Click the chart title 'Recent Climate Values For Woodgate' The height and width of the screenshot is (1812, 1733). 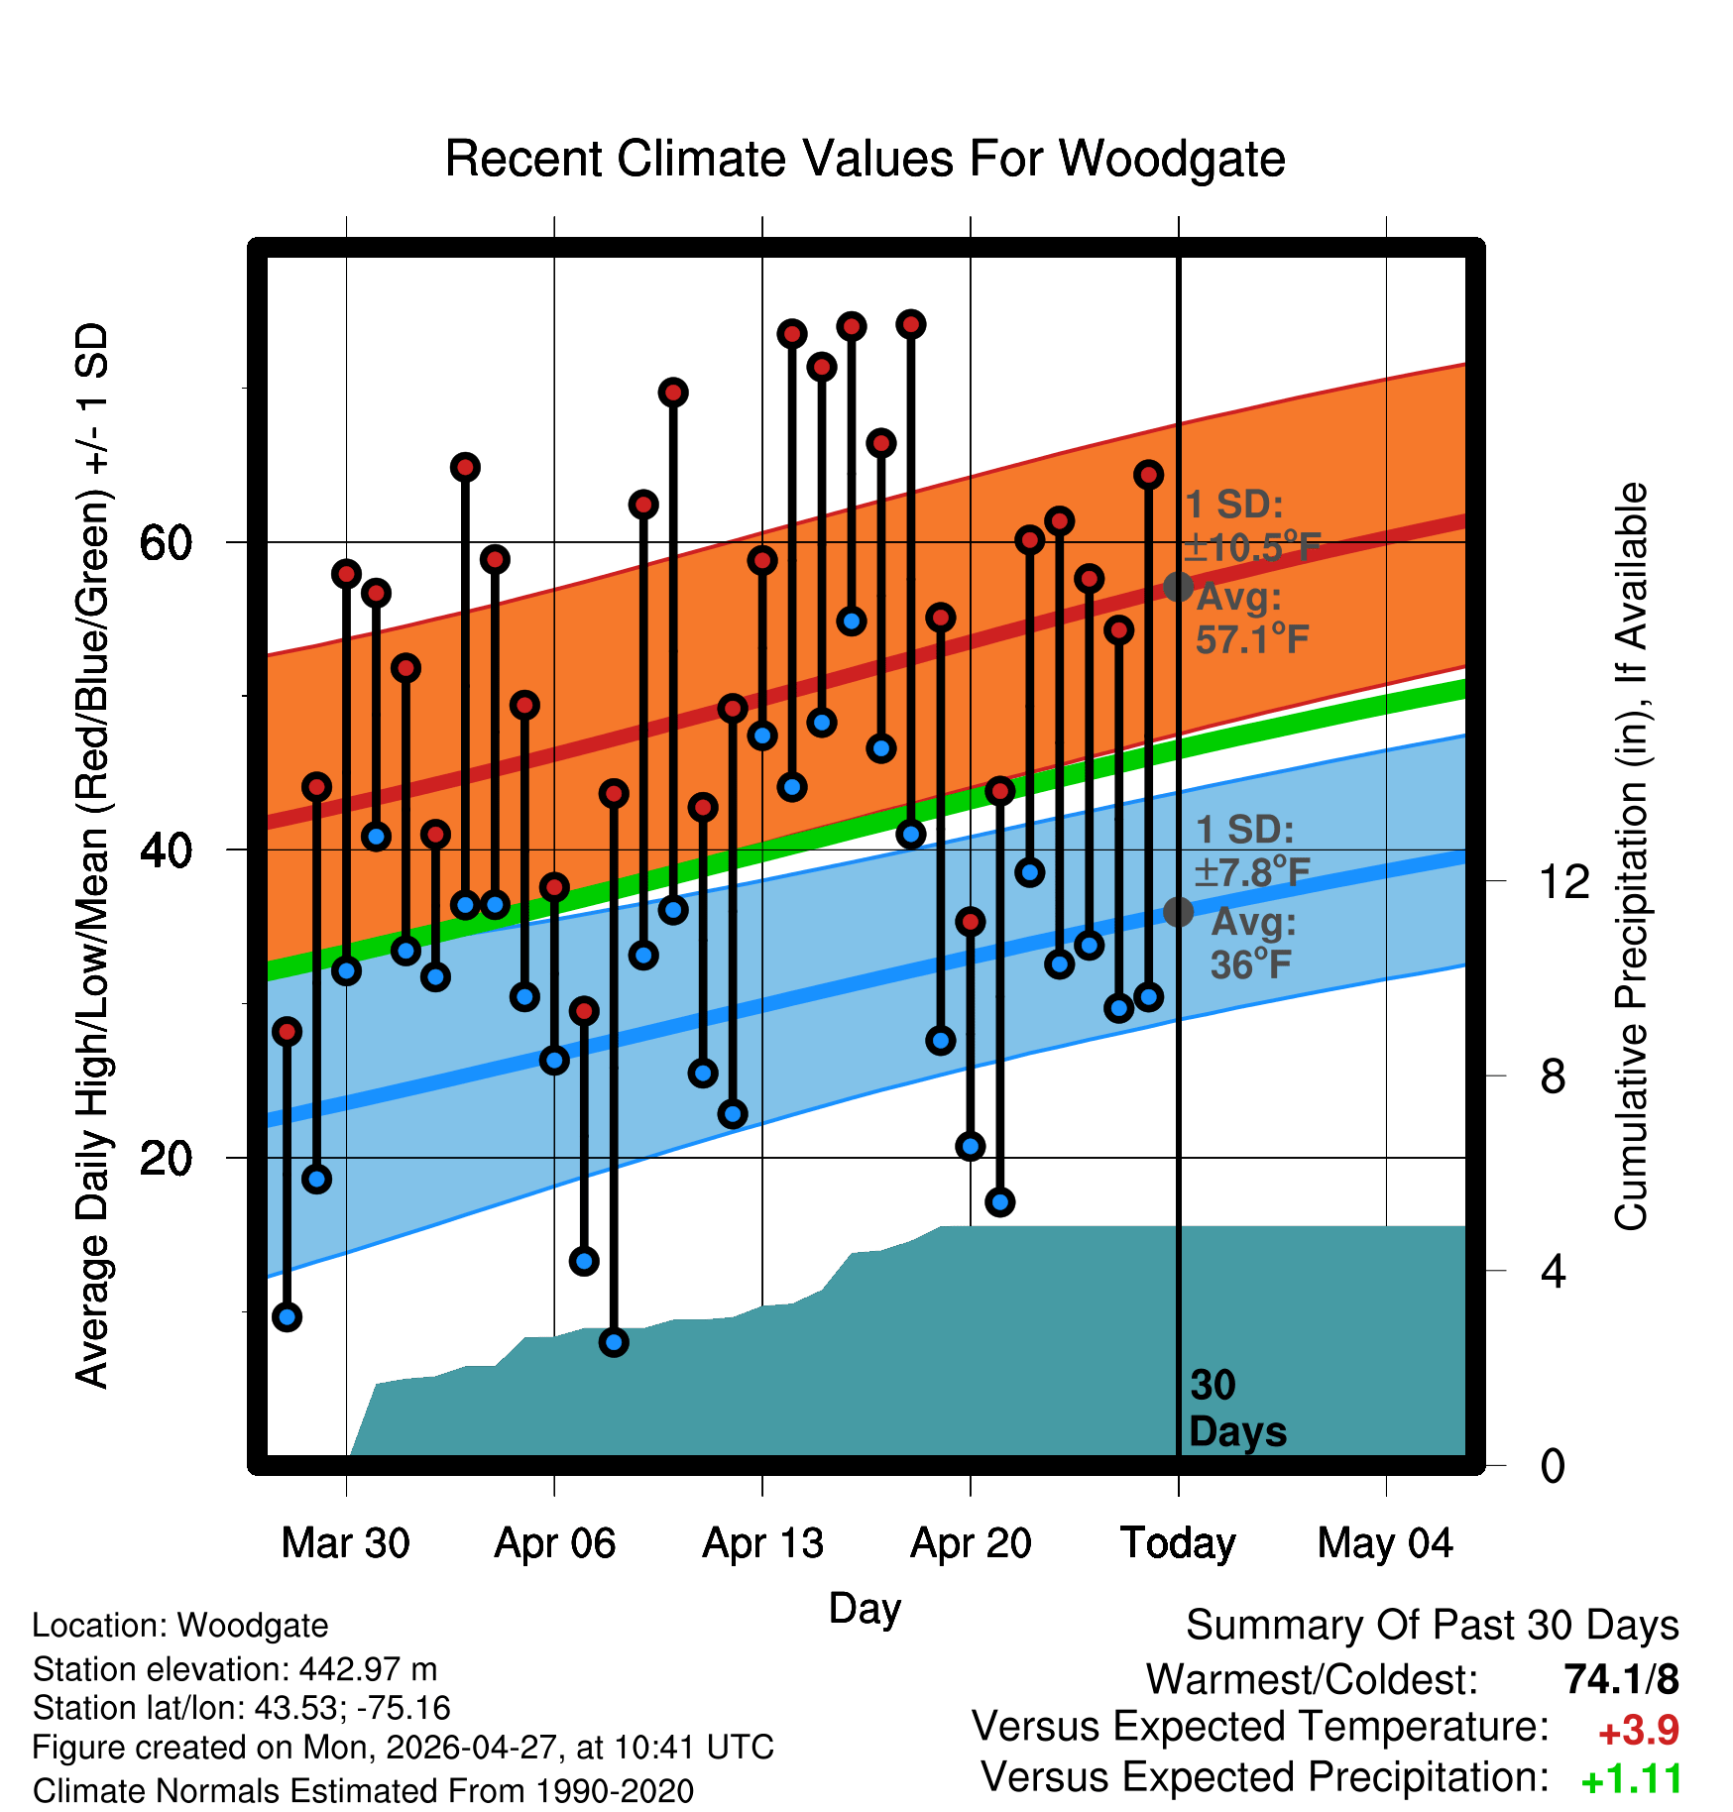tap(865, 159)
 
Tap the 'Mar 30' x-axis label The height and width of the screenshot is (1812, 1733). tap(345, 1543)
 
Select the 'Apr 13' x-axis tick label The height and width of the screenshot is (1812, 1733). tap(762, 1543)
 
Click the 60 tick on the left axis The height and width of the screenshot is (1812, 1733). tap(166, 542)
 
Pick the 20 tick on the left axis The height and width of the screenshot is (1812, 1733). tap(166, 1158)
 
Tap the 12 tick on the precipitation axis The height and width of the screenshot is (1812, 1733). tap(1563, 881)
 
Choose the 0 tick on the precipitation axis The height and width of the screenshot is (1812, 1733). tap(1553, 1465)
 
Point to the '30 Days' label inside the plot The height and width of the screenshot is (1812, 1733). tap(1237, 1409)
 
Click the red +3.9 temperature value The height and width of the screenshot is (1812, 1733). tap(1639, 1731)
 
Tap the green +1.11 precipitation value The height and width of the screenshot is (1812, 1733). tap(1632, 1780)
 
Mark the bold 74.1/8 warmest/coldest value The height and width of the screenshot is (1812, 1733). tap(1622, 1679)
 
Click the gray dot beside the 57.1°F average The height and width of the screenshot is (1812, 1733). tap(1178, 587)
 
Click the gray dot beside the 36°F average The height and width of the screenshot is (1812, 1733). tap(1178, 912)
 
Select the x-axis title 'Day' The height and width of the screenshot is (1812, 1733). tap(865, 1609)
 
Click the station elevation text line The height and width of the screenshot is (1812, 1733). tap(235, 1669)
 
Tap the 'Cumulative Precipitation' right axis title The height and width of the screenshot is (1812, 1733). tap(1631, 856)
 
